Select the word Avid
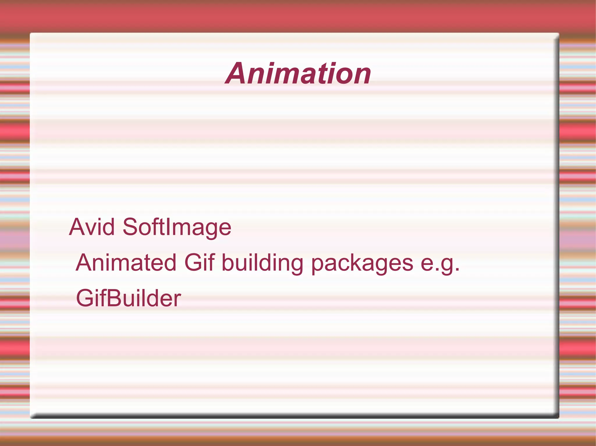pos(92,227)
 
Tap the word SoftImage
pos(177,228)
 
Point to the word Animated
pos(126,263)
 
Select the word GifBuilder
pos(128,298)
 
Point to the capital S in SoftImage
pos(132,227)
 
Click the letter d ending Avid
pos(109,227)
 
